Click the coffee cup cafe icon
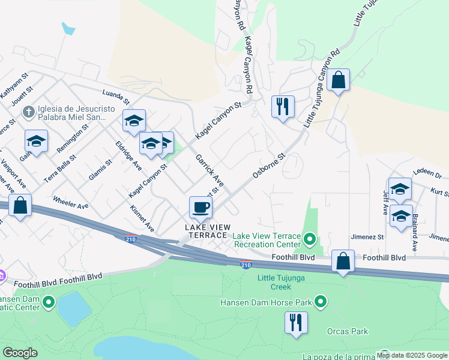point(200,208)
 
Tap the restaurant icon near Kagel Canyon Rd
point(282,107)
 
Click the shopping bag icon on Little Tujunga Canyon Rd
point(338,80)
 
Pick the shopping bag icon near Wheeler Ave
point(20,206)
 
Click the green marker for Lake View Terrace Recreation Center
point(310,241)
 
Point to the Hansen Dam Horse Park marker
point(321,301)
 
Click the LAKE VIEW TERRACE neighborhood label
point(206,231)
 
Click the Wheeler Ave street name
point(70,202)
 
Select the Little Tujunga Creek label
point(282,282)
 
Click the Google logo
point(20,353)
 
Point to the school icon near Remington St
point(36,142)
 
